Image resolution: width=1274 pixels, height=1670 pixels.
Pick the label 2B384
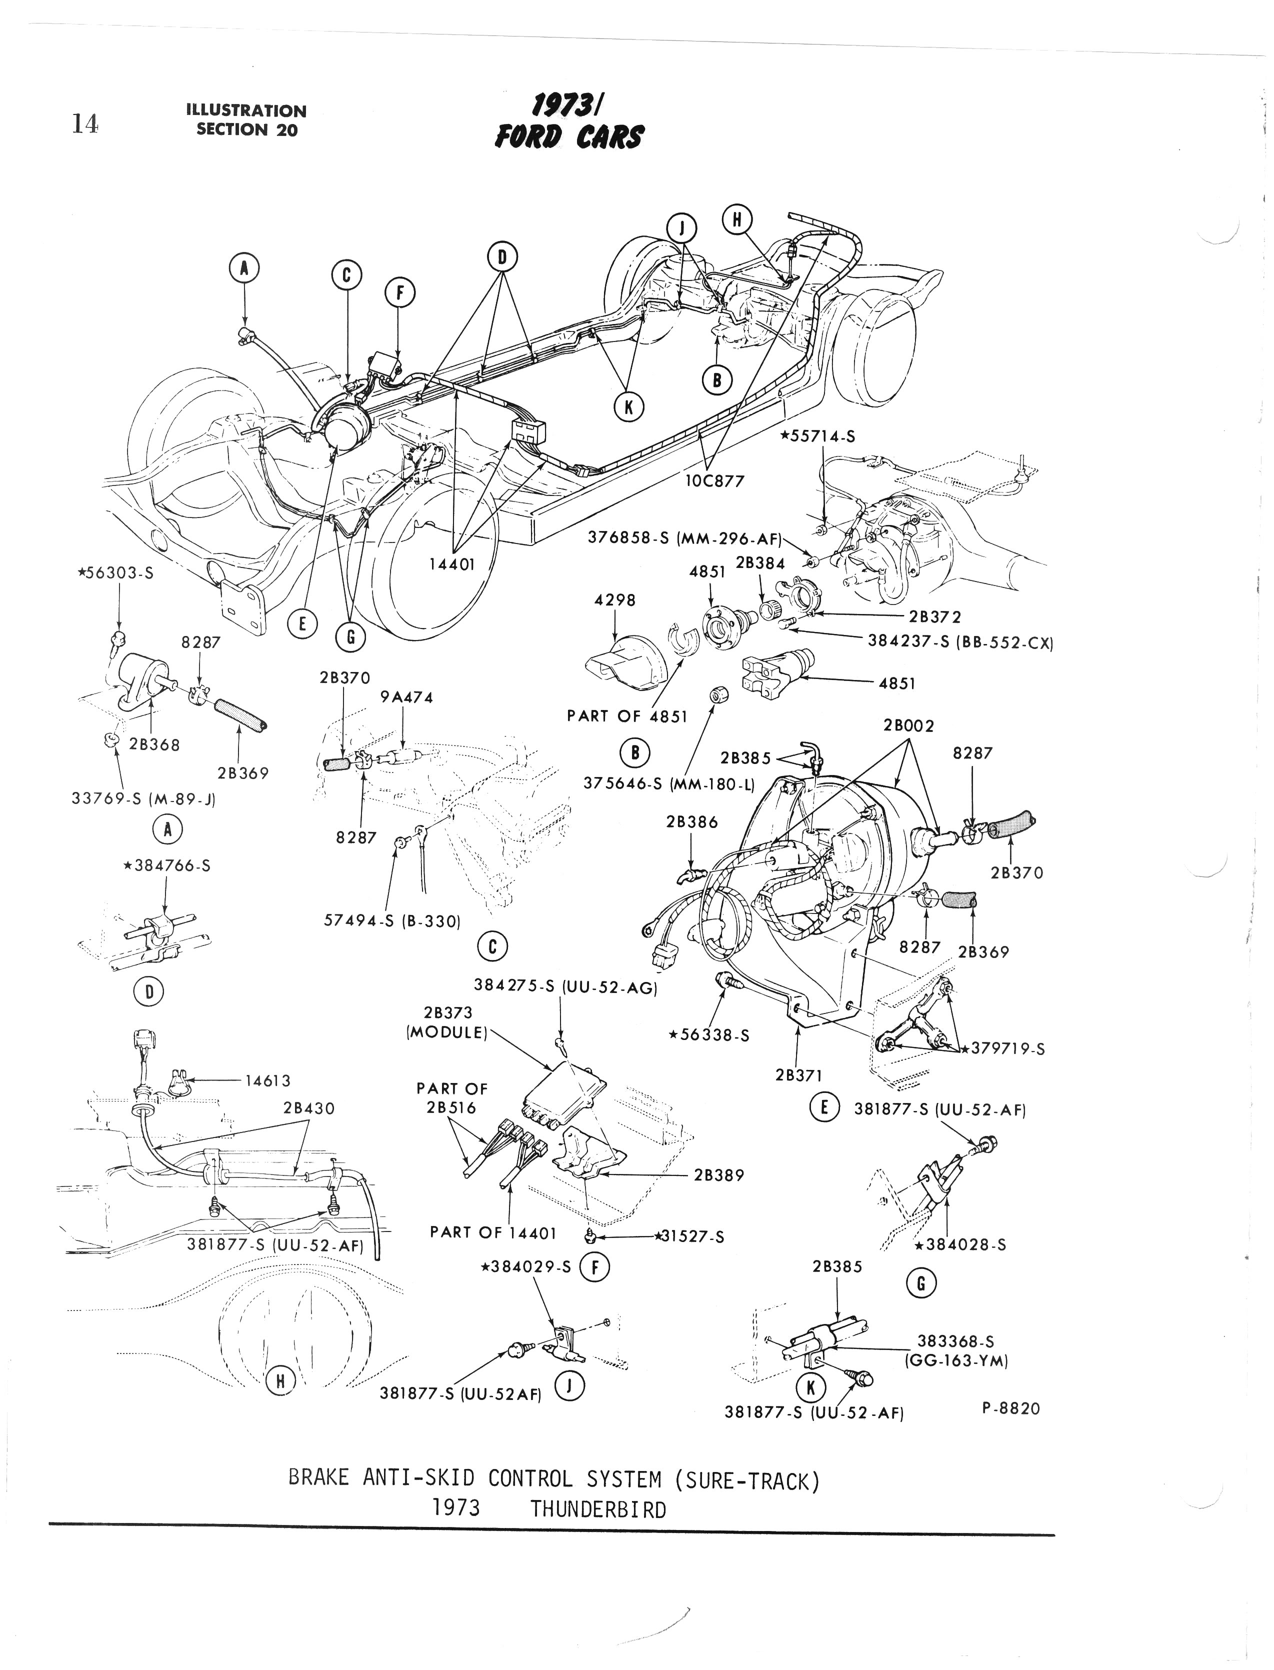pyautogui.click(x=760, y=563)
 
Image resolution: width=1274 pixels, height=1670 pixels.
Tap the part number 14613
pyautogui.click(x=265, y=1080)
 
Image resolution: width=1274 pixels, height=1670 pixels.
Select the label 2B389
pyautogui.click(x=719, y=1175)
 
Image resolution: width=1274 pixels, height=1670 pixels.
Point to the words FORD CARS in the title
pyautogui.click(x=569, y=137)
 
